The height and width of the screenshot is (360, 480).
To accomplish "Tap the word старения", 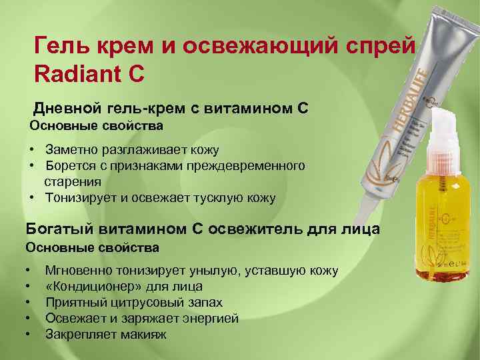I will pyautogui.click(x=73, y=181).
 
